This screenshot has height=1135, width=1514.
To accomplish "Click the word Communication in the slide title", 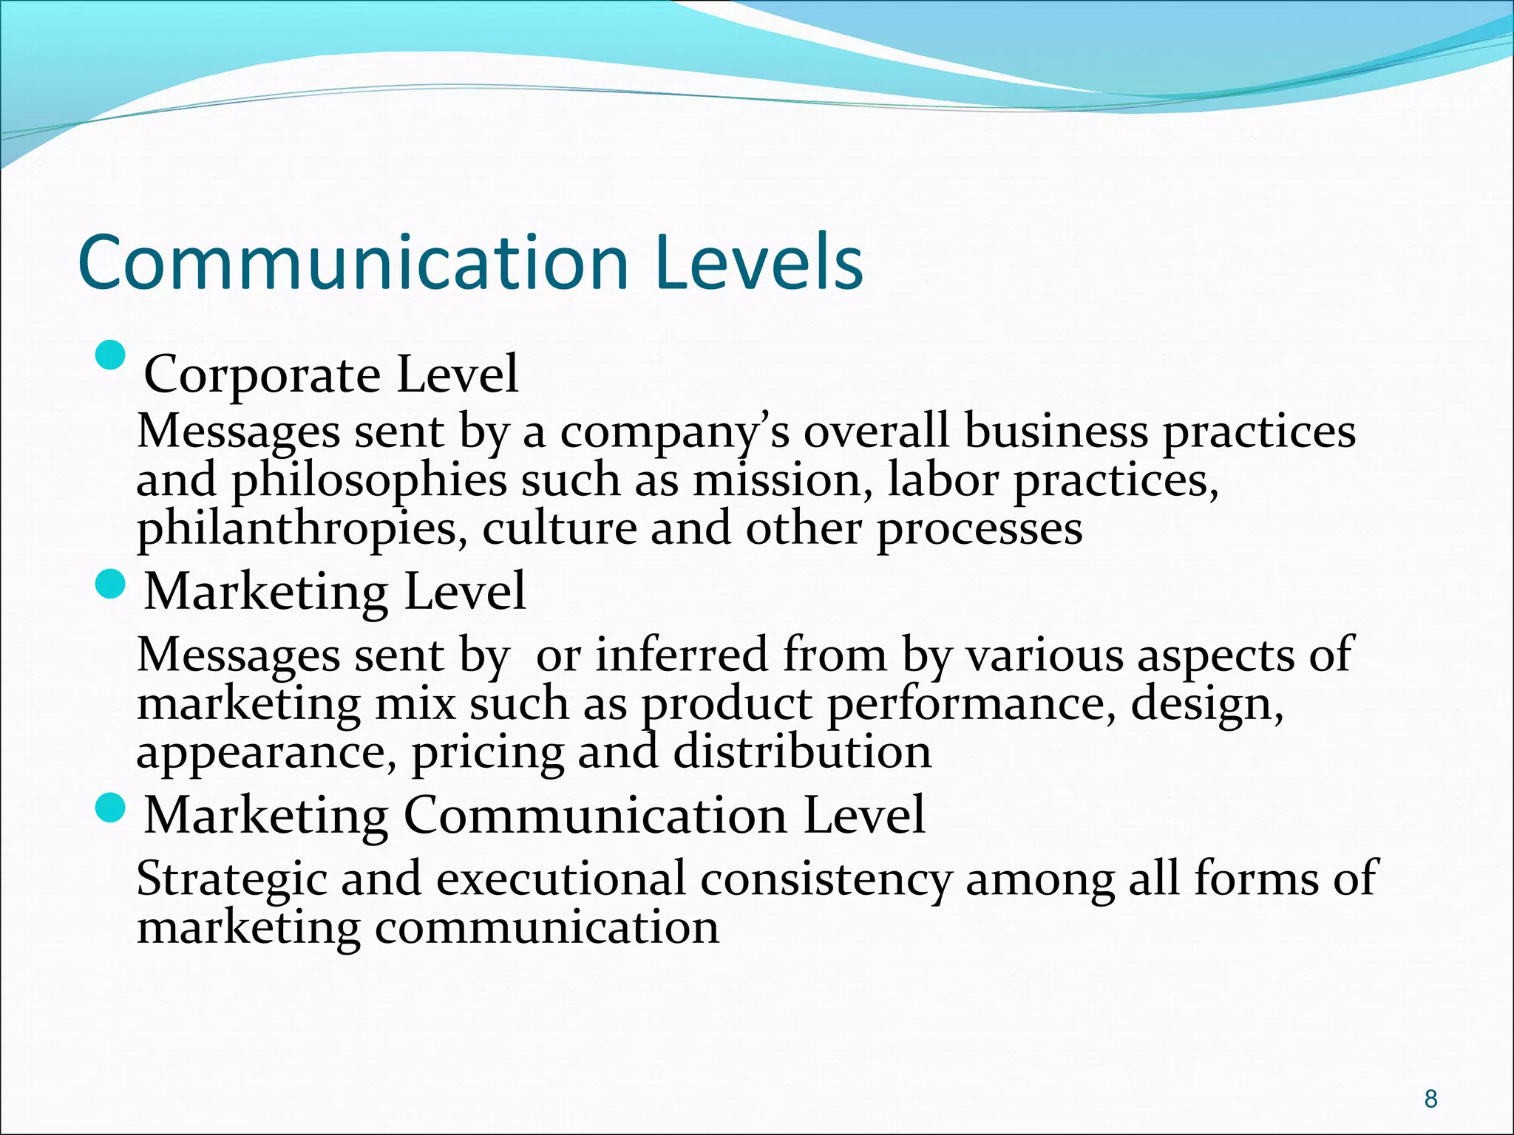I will click(353, 263).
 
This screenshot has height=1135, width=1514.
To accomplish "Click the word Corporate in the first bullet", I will click(262, 375).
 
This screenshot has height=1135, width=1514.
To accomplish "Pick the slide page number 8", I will click(1430, 1099).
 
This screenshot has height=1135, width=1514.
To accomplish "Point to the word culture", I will click(559, 529).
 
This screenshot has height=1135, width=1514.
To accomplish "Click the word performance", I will click(971, 704).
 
